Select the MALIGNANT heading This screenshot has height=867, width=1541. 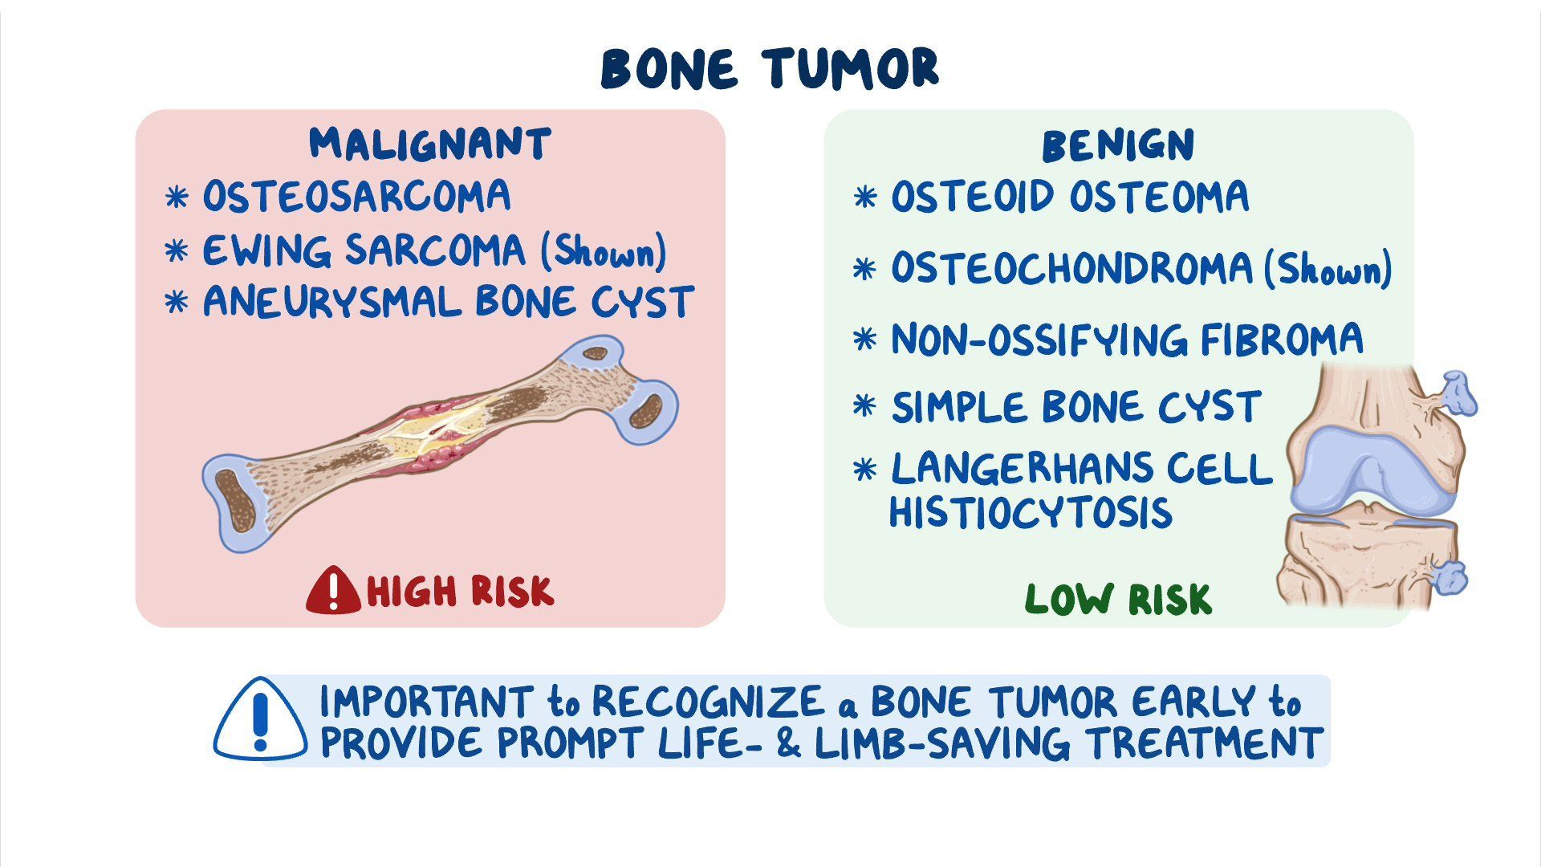tap(430, 144)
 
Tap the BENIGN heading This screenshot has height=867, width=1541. tap(1117, 146)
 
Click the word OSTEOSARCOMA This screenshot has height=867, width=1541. tap(356, 197)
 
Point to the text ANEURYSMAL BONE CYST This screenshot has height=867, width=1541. tap(448, 303)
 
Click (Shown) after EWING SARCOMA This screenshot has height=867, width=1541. tap(604, 251)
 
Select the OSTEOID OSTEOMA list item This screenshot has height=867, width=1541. tap(1069, 197)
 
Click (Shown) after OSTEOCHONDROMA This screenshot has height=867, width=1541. tap(1328, 270)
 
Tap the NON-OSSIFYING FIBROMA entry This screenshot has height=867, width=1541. tap(1127, 340)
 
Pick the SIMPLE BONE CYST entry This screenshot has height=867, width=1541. tap(1075, 407)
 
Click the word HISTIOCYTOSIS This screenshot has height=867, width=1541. tap(1031, 513)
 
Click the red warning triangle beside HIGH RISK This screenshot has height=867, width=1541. tap(332, 592)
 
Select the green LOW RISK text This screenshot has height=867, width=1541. tap(1117, 600)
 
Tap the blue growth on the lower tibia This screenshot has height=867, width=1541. tap(1450, 577)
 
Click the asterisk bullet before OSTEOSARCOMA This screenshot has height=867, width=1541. tap(177, 197)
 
